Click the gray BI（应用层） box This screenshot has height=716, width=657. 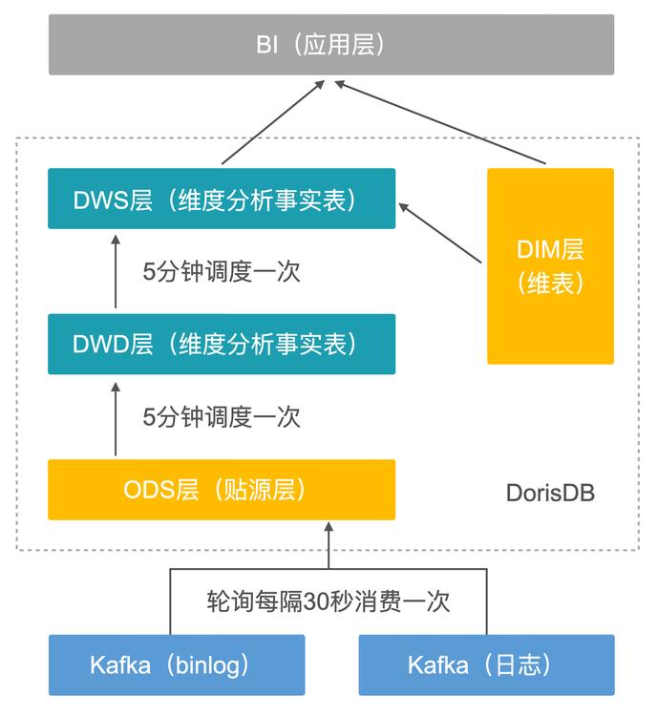[x=331, y=45]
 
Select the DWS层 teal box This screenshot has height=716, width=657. [x=222, y=199]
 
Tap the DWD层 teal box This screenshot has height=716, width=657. [x=222, y=344]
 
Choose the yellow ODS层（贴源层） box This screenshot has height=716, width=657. [x=222, y=490]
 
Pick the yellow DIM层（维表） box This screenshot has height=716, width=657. [x=550, y=266]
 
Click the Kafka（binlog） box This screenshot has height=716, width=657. [x=177, y=664]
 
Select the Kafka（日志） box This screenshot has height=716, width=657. [x=486, y=664]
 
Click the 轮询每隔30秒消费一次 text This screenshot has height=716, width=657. [x=328, y=601]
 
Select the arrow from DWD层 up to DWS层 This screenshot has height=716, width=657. [x=116, y=271]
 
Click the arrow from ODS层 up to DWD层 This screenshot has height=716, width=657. [x=116, y=417]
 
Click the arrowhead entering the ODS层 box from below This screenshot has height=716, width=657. [x=328, y=528]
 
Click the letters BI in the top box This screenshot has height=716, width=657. [x=266, y=45]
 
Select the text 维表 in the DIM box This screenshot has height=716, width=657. [x=550, y=284]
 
